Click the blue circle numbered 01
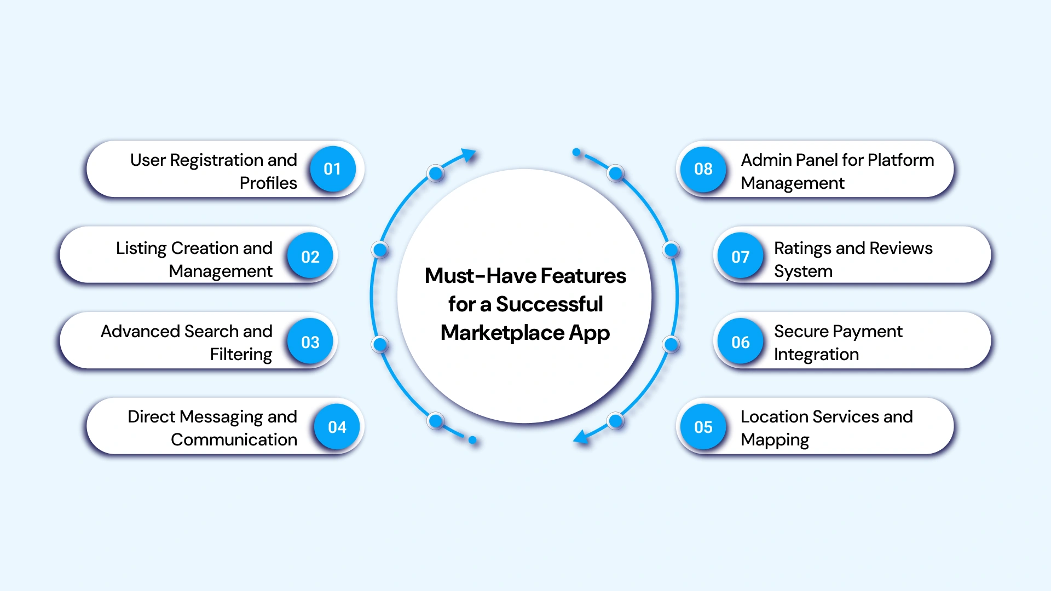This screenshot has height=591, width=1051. coord(332,169)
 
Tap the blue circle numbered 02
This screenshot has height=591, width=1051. coord(310,257)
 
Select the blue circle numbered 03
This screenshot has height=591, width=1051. coord(310,343)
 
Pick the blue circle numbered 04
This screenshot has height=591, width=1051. coord(337,427)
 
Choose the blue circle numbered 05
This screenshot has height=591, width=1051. coord(703,427)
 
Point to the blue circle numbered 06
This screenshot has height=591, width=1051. coord(741,343)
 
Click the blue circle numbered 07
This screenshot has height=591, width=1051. coord(741,257)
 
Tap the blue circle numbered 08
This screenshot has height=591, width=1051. coord(703,169)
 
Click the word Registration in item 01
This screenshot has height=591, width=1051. coord(217,160)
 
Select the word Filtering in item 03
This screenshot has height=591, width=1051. coord(241,355)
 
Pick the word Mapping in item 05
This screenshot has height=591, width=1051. coord(775,441)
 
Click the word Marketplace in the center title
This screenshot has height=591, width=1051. coord(502,333)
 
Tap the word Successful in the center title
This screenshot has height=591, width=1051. coord(549,304)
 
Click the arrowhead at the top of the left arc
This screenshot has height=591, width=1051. coord(468,155)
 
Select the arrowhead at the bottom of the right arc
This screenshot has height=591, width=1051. coord(580,437)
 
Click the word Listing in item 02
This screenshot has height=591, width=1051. coord(141,248)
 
